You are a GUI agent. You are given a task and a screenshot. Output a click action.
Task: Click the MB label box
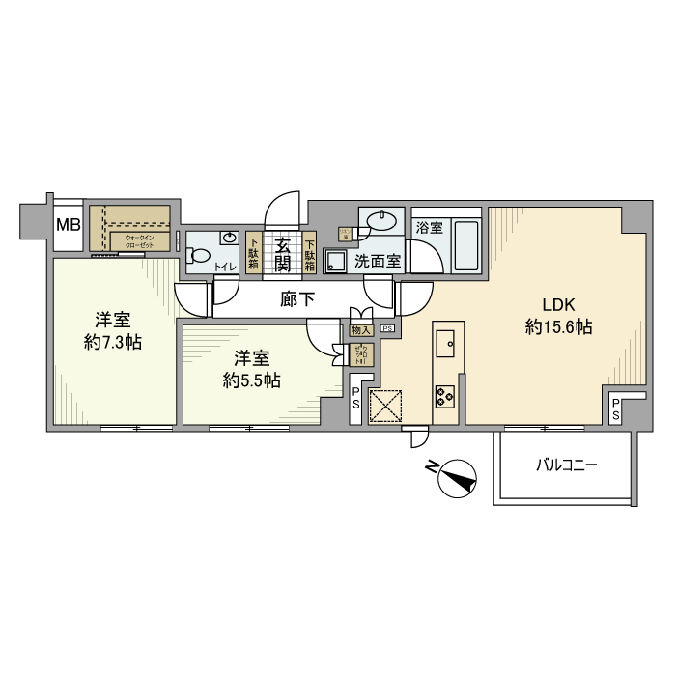coord(67,226)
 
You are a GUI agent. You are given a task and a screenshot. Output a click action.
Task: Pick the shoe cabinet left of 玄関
coord(253,253)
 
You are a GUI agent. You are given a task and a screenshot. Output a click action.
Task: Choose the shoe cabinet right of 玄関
coord(310,253)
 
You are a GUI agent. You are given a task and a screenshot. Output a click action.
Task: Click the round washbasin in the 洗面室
coord(383,220)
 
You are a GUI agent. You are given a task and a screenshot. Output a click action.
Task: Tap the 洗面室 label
coord(377,261)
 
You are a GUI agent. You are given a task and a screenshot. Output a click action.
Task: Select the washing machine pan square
coord(336,261)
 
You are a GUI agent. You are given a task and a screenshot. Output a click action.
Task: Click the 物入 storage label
coord(360,329)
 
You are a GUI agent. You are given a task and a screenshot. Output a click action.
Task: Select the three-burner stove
coord(446,394)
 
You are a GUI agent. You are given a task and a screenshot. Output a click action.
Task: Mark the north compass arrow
coord(457,477)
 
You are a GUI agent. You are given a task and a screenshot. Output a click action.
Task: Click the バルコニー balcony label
coord(567,465)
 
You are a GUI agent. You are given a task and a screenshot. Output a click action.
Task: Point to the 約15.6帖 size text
coord(558,327)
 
